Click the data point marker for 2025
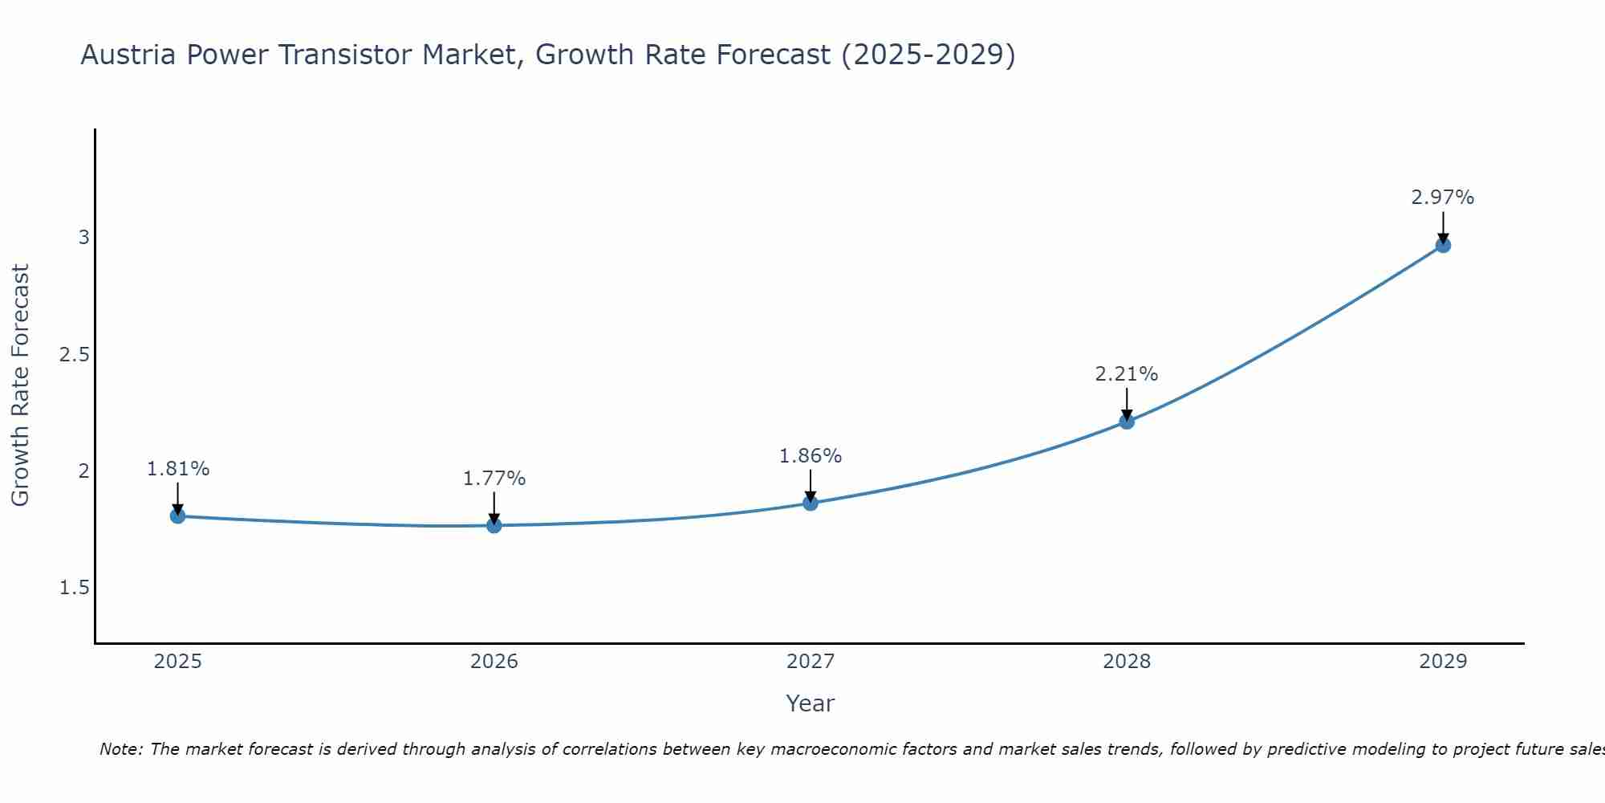[178, 516]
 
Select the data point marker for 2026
[494, 526]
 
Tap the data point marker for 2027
[811, 503]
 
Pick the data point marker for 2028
[1127, 422]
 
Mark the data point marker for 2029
[1443, 245]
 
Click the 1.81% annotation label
[178, 469]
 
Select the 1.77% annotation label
[494, 479]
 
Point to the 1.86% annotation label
[811, 456]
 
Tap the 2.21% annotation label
[1127, 374]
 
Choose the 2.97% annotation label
[1443, 198]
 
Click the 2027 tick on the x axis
[811, 662]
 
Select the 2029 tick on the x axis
[1443, 662]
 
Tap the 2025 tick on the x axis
[178, 662]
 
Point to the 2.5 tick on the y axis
[75, 354]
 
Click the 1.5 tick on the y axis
[75, 588]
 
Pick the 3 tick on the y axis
[83, 238]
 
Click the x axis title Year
[811, 703]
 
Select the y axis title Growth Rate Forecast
[21, 385]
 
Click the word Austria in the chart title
[128, 55]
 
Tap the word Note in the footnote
[120, 749]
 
